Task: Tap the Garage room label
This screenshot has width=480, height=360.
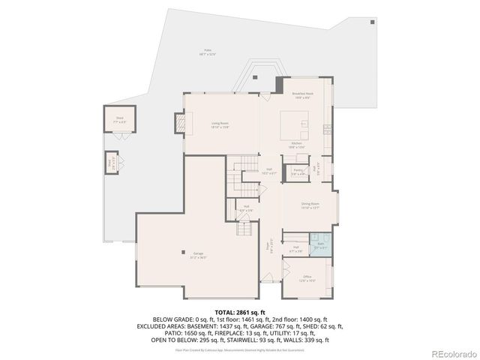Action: pos(197,255)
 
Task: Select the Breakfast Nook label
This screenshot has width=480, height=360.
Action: pos(301,95)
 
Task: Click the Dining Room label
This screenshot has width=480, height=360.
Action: pos(310,205)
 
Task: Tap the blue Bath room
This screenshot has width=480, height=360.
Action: pos(319,246)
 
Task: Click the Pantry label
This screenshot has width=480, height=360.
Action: pos(298,172)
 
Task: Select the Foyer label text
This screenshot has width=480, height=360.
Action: pos(266,245)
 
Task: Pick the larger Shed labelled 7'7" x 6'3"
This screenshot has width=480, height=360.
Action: pos(119,120)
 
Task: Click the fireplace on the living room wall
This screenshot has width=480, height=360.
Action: pos(179,123)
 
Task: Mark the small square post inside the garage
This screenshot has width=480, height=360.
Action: pos(183,251)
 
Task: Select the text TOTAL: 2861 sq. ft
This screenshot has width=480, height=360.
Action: pos(240,312)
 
